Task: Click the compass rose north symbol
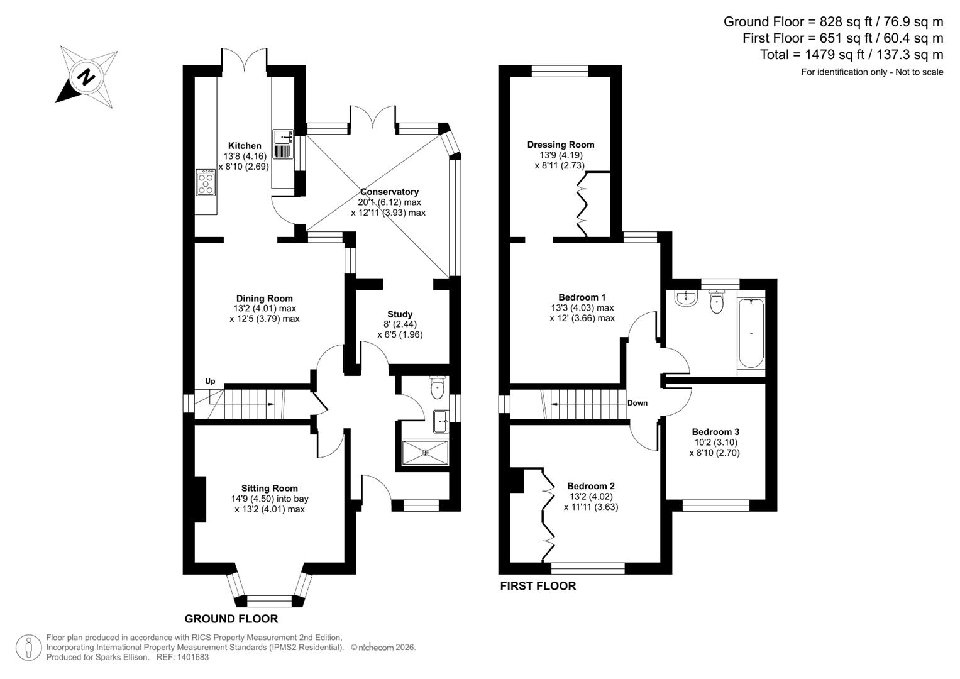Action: pyautogui.click(x=86, y=77)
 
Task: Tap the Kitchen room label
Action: pyautogui.click(x=245, y=146)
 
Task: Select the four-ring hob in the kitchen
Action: pyautogui.click(x=206, y=182)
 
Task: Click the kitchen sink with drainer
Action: pyautogui.click(x=283, y=145)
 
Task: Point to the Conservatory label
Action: pyautogui.click(x=389, y=192)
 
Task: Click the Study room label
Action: pyautogui.click(x=400, y=314)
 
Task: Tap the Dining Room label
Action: pyautogui.click(x=264, y=299)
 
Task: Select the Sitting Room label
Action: pyautogui.click(x=269, y=489)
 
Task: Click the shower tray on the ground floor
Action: pyautogui.click(x=425, y=452)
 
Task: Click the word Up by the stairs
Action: pyautogui.click(x=210, y=382)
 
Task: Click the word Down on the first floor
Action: pyautogui.click(x=637, y=403)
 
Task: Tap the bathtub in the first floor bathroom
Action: pyautogui.click(x=751, y=333)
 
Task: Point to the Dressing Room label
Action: pyautogui.click(x=560, y=145)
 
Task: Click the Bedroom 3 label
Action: pyautogui.click(x=715, y=432)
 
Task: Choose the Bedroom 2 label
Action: pyautogui.click(x=590, y=486)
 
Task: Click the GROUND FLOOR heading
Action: pyautogui.click(x=231, y=619)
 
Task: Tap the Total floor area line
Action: pyautogui.click(x=851, y=55)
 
